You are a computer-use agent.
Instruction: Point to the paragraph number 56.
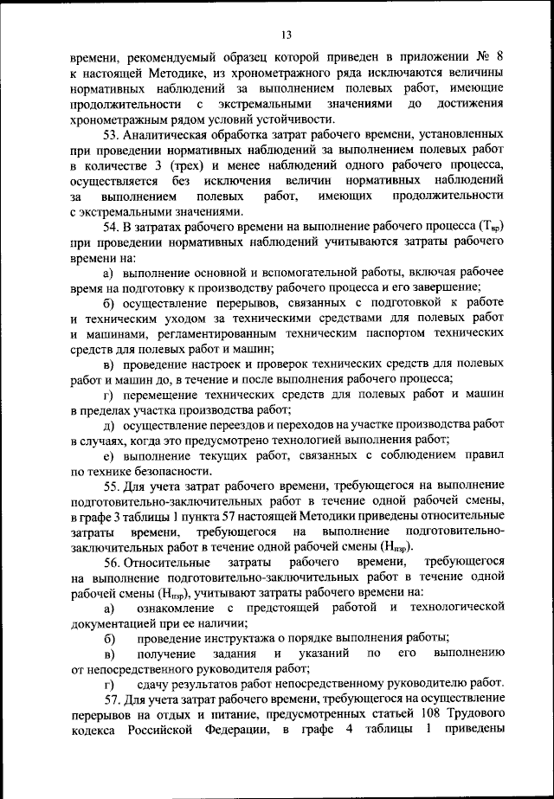[x=112, y=564]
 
